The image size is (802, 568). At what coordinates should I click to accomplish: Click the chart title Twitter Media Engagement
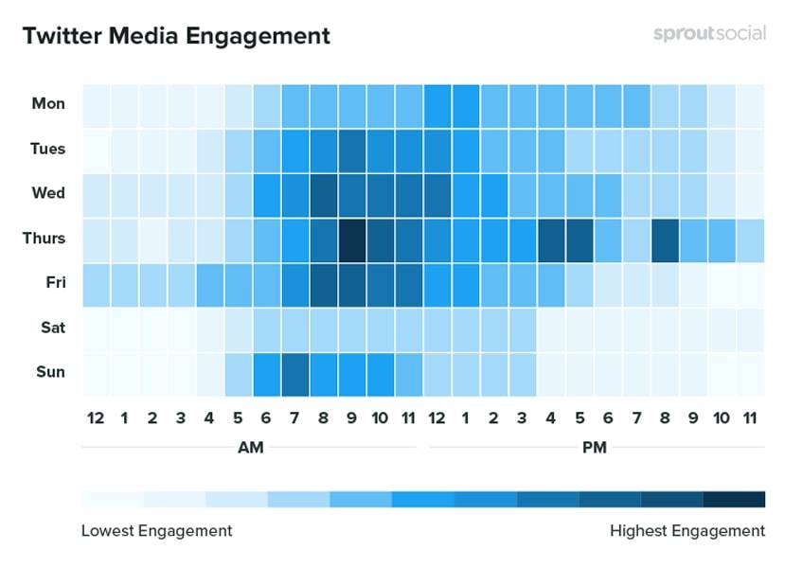[x=176, y=36]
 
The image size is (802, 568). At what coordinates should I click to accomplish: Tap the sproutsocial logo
[x=709, y=34]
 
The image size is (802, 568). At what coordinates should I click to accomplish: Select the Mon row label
[x=49, y=103]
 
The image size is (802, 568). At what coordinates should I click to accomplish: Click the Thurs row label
[x=45, y=238]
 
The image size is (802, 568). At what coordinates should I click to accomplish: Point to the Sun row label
[x=50, y=371]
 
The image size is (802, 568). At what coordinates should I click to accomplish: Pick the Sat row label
[x=52, y=327]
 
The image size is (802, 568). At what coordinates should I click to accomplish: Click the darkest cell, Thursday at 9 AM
[x=352, y=239]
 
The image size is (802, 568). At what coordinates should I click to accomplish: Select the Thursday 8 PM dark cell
[x=665, y=239]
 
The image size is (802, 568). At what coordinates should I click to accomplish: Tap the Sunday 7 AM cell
[x=295, y=372]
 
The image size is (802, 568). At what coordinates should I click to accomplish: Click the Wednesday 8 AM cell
[x=324, y=194]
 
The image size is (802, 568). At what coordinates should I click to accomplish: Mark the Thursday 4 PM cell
[x=551, y=239]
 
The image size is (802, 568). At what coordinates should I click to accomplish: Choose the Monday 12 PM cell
[x=437, y=104]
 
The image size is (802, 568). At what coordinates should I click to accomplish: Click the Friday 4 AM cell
[x=210, y=283]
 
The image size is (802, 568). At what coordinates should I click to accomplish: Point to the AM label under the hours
[x=249, y=447]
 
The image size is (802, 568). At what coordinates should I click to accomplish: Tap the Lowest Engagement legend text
[x=156, y=530]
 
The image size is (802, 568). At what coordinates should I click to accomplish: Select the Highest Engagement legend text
[x=687, y=530]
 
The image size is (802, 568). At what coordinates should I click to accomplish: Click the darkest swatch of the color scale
[x=734, y=499]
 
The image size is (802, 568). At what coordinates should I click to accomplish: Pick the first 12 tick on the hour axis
[x=96, y=417]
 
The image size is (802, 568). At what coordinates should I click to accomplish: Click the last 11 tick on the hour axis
[x=750, y=417]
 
